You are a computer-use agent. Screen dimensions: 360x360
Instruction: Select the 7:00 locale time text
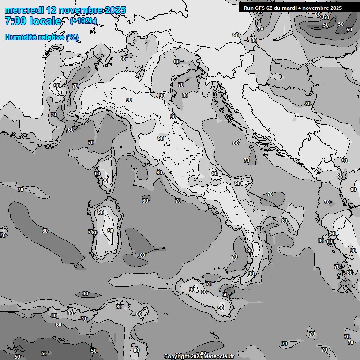tap(33, 21)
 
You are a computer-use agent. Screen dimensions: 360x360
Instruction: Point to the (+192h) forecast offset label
tap(83, 21)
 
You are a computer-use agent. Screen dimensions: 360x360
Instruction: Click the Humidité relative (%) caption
tap(41, 37)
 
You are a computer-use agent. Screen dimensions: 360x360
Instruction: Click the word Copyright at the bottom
tap(176, 356)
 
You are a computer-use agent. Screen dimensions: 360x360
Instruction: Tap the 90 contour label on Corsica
tap(105, 180)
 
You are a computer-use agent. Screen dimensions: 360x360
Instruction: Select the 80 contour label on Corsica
tap(97, 173)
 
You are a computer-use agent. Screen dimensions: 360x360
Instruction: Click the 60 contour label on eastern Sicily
tap(225, 294)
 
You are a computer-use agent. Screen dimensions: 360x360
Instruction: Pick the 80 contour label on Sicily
tap(203, 292)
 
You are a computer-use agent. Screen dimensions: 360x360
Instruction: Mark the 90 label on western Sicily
tap(192, 290)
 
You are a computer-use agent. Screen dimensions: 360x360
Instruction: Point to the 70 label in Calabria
tap(234, 257)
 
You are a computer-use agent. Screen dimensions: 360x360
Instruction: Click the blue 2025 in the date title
tap(115, 10)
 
